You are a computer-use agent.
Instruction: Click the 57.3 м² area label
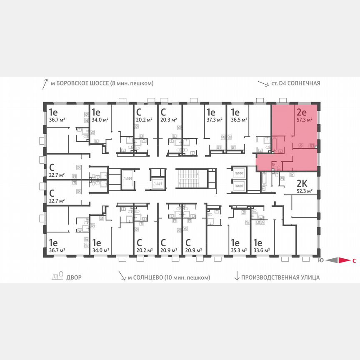pyautogui.click(x=304, y=119)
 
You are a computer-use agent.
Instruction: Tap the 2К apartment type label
pyautogui.click(x=302, y=184)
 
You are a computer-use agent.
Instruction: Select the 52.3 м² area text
pyautogui.click(x=304, y=192)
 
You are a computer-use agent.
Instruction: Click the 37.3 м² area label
pyautogui.click(x=212, y=119)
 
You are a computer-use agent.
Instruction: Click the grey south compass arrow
pyautogui.click(x=331, y=261)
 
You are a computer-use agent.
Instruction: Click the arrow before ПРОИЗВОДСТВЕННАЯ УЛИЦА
pyautogui.click(x=237, y=277)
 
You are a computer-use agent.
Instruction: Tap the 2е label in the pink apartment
pyautogui.click(x=302, y=111)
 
